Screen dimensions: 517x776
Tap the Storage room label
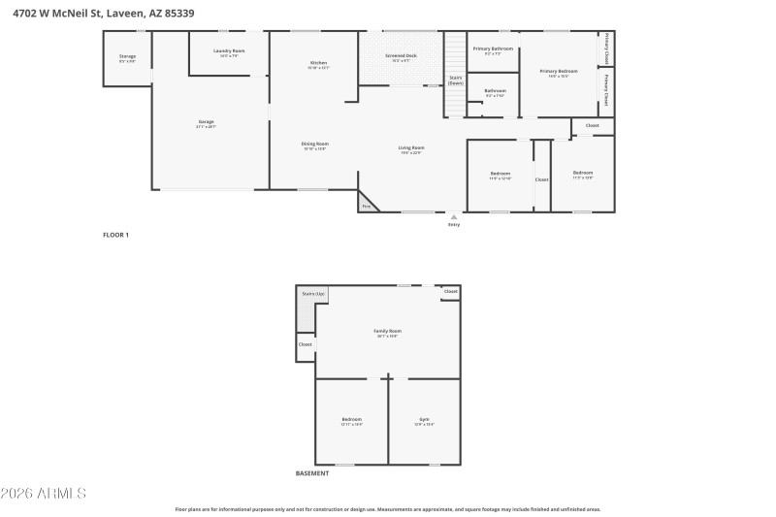click(127, 57)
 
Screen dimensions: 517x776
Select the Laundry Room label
click(229, 51)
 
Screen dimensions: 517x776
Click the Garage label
click(206, 122)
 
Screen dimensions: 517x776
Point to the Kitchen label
click(318, 64)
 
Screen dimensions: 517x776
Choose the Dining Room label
click(315, 145)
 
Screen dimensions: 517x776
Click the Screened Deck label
click(401, 56)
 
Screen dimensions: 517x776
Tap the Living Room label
click(411, 148)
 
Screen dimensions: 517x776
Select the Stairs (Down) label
click(455, 80)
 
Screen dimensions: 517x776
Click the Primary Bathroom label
click(493, 49)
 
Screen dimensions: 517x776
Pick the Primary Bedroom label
click(559, 72)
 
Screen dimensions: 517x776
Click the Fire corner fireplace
click(368, 205)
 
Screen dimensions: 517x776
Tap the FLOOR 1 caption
click(115, 235)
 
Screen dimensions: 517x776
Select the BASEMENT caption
click(311, 473)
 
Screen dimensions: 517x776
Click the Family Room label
click(388, 332)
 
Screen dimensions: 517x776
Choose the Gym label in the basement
click(424, 420)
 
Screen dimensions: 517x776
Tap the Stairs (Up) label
click(312, 293)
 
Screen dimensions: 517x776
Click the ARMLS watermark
click(45, 494)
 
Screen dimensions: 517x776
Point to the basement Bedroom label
click(351, 420)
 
